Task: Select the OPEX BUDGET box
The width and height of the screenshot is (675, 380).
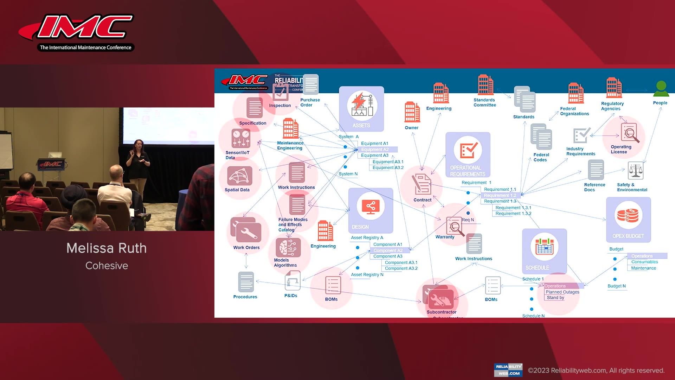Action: click(x=628, y=219)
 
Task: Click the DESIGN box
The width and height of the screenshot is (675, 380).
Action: click(x=371, y=210)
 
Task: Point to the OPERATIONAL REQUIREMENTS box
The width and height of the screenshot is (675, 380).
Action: click(x=468, y=154)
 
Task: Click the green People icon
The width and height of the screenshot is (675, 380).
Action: click(x=661, y=89)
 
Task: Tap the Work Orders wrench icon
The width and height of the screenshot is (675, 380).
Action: click(x=246, y=230)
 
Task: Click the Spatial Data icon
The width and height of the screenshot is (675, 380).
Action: click(x=239, y=176)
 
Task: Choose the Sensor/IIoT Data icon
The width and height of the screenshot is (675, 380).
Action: click(x=241, y=138)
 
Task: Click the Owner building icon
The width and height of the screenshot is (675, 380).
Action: click(x=412, y=112)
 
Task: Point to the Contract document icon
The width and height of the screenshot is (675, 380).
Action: click(x=422, y=184)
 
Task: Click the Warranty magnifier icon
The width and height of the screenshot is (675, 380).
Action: click(x=455, y=226)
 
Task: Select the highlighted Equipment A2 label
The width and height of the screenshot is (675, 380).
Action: click(x=375, y=150)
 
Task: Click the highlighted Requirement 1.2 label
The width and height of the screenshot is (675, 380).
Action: click(x=500, y=195)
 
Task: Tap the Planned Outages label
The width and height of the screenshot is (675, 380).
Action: click(x=562, y=292)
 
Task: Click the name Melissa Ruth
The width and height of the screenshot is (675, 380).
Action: click(x=107, y=248)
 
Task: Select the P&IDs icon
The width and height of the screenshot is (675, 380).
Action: click(x=292, y=281)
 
